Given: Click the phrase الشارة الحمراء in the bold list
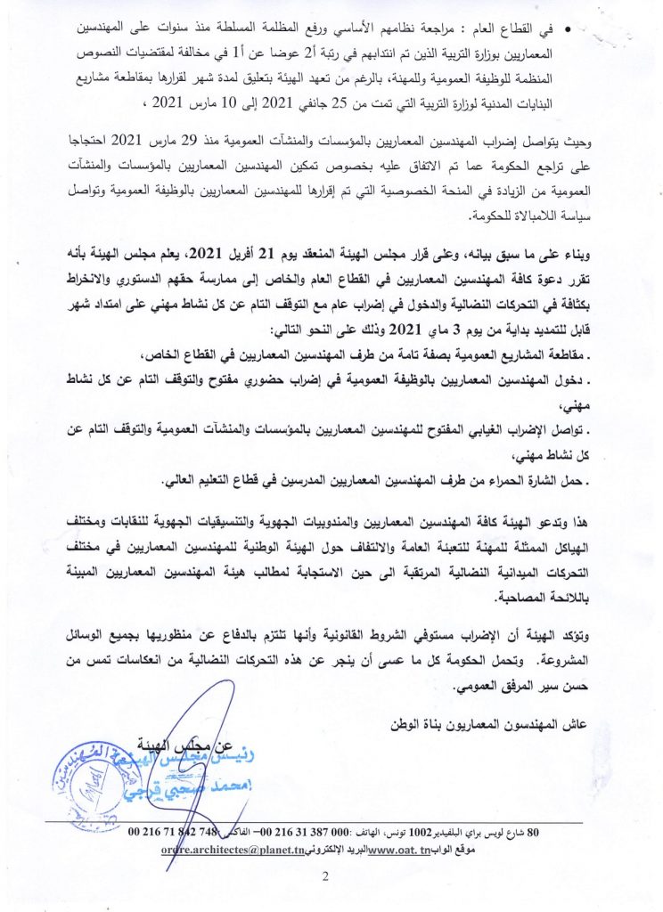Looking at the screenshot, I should pyautogui.click(x=534, y=482).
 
